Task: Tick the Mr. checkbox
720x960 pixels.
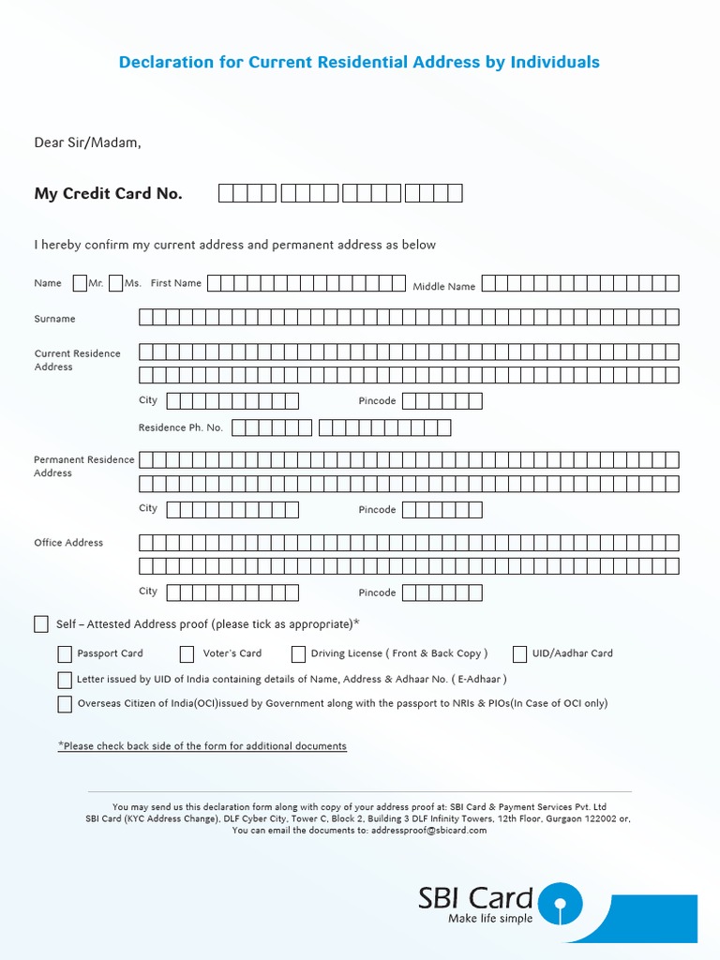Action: [80, 283]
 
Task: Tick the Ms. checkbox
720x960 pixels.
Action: [115, 283]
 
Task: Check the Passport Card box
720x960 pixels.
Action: [65, 654]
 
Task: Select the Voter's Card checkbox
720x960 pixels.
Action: [190, 654]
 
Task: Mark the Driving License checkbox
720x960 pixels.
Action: [298, 654]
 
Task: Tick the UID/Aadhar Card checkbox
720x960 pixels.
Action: [519, 654]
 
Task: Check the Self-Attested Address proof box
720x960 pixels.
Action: [41, 624]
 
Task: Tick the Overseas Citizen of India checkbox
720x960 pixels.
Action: [65, 704]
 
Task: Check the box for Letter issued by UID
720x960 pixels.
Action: [65, 680]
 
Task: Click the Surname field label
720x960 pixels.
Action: [54, 319]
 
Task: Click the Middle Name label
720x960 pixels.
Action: [444, 287]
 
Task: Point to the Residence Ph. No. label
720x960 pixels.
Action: [181, 427]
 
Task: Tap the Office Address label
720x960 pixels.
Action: [68, 543]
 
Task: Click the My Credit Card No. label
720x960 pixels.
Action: [109, 194]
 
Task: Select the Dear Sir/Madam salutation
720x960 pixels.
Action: [87, 143]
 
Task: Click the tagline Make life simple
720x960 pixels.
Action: [490, 919]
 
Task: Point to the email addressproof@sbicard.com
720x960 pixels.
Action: [428, 831]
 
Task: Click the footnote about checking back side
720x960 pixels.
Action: [202, 746]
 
